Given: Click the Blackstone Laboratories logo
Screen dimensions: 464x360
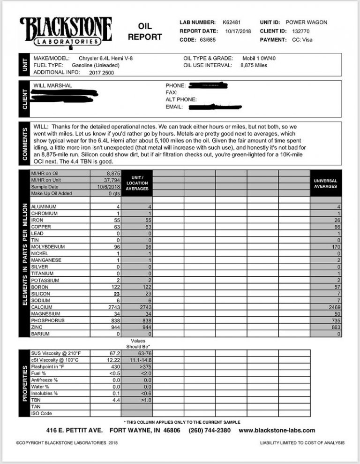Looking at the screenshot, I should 66,31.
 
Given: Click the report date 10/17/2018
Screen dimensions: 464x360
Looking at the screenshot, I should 238,31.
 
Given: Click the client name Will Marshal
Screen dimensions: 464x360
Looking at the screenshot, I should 52,86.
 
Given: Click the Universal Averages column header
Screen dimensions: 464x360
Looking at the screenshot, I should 325,183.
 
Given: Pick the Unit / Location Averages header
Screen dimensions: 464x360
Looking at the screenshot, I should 137,183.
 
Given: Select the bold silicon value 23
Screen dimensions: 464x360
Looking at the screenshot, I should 117,293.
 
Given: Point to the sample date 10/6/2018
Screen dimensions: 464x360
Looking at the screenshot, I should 111,186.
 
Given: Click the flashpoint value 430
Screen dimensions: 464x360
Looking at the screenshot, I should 116,366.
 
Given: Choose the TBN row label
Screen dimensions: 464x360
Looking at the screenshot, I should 36,400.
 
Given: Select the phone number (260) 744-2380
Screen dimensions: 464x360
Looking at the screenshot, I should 210,430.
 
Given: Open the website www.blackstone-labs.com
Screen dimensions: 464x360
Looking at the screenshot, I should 277,430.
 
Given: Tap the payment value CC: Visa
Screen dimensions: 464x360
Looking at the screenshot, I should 301,40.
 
